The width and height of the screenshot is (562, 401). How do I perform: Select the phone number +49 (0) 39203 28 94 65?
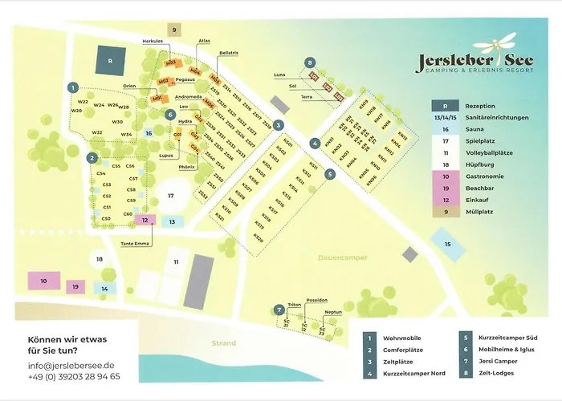coord(74,376)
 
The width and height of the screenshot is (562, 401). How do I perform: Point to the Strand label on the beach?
coord(223,343)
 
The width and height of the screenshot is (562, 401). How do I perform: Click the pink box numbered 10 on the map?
coord(44,281)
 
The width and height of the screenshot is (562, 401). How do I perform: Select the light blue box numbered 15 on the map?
coord(448,244)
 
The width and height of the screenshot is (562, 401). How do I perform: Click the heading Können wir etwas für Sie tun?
coord(67,345)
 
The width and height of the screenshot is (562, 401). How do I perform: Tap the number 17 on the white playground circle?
coord(170,195)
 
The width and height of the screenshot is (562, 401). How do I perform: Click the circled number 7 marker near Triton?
coord(279,309)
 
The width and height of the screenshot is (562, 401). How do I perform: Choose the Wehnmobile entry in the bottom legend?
coord(405,338)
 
